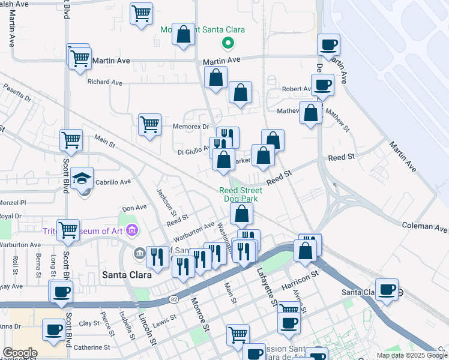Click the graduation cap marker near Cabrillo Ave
(82, 179)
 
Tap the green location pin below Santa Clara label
(228, 43)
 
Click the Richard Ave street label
(104, 82)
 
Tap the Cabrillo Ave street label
(113, 182)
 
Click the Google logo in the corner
(19, 353)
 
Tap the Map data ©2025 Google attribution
(412, 355)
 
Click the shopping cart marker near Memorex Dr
(149, 125)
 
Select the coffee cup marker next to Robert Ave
(322, 85)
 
